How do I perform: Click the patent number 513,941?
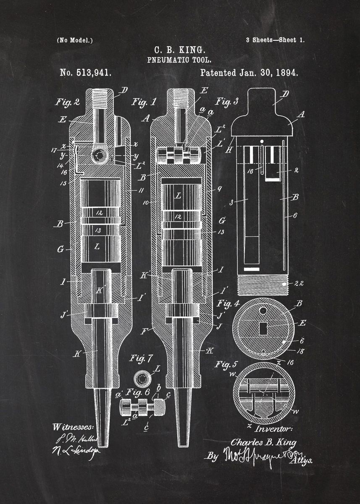coord(86,73)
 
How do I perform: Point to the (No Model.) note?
coord(75,40)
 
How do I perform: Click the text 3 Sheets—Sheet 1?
coord(275,40)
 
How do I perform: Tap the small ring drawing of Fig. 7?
coord(142,379)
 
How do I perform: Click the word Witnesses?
coord(74,427)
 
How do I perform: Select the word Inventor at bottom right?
coord(273,429)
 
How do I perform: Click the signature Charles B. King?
coord(263,443)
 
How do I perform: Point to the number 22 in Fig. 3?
coord(299,284)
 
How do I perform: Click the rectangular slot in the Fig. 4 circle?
coord(263,328)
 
